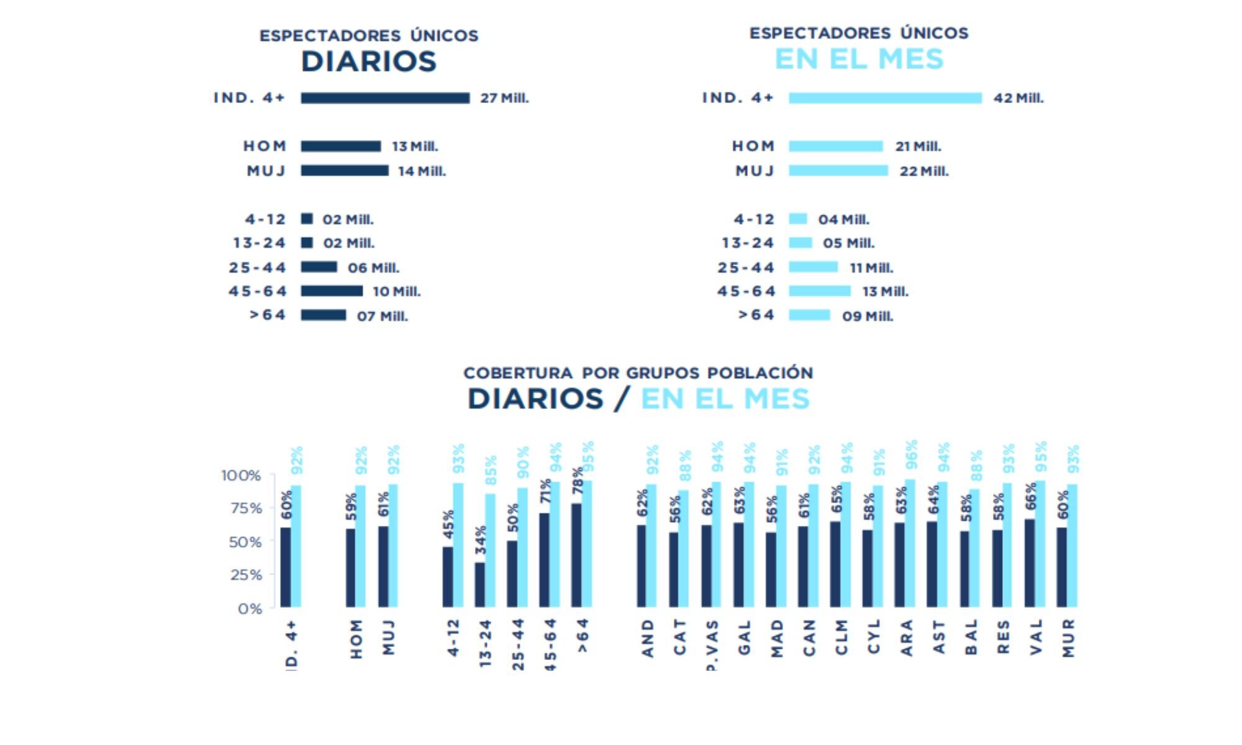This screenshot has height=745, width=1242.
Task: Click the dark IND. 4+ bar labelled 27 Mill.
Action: pyautogui.click(x=385, y=98)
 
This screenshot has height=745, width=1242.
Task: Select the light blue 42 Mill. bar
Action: pyautogui.click(x=885, y=98)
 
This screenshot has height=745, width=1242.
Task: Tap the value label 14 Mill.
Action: pyautogui.click(x=422, y=171)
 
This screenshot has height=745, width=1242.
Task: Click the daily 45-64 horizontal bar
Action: pyautogui.click(x=332, y=291)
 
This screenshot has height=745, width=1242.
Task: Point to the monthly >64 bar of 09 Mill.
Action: pyautogui.click(x=809, y=315)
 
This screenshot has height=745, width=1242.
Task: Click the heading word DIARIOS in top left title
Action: pyautogui.click(x=369, y=61)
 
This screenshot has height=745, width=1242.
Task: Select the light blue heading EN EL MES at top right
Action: pyautogui.click(x=859, y=59)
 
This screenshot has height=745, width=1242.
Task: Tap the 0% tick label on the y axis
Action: pyautogui.click(x=250, y=609)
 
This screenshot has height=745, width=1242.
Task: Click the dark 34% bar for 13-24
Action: pyautogui.click(x=480, y=585)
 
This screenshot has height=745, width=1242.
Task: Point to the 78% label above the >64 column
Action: pyautogui.click(x=578, y=482)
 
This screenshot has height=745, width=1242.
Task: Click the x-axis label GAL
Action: pyautogui.click(x=745, y=638)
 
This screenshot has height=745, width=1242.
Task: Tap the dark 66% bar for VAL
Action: pyautogui.click(x=1030, y=563)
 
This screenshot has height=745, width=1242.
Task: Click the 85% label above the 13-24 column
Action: pyautogui.click(x=491, y=470)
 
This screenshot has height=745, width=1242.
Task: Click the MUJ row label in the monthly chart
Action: pyautogui.click(x=755, y=171)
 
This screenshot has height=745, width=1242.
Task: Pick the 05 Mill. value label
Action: pyautogui.click(x=848, y=243)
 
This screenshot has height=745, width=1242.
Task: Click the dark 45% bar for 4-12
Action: pyautogui.click(x=448, y=577)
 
